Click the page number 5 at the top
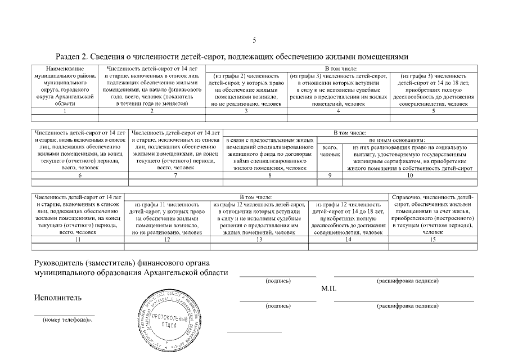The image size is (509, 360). (254, 40)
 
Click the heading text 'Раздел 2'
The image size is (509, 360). (73, 57)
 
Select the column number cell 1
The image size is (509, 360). (65, 111)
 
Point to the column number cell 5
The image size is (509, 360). (433, 111)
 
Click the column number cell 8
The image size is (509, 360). (271, 176)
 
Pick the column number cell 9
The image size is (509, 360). (330, 176)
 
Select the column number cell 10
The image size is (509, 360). (410, 176)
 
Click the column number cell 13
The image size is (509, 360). (259, 240)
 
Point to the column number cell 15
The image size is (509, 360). (433, 240)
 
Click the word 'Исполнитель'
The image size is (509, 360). (58, 298)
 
